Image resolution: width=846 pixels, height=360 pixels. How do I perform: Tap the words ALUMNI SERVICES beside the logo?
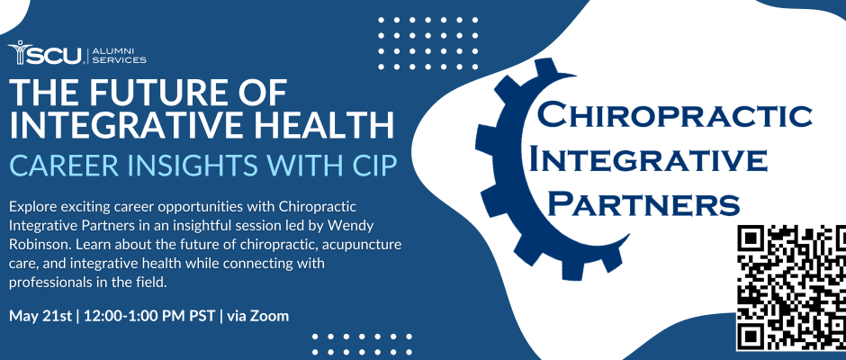[119, 56]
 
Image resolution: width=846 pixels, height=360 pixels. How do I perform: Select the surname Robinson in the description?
[40, 245]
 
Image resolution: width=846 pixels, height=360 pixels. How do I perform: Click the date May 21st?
[40, 316]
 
